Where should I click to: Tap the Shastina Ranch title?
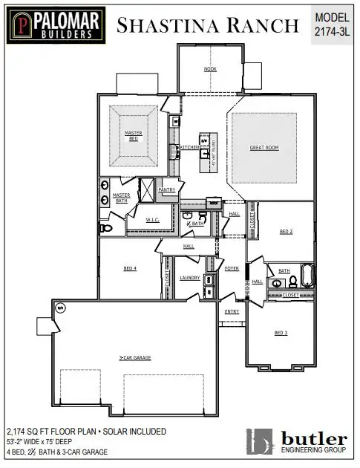pos(207,25)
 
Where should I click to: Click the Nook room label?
pos(210,69)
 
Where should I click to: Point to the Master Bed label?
pos(133,135)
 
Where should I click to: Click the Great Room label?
pos(264,149)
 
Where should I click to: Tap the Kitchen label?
pos(189,148)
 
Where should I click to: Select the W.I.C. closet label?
pos(153,220)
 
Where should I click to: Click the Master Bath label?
pos(121,198)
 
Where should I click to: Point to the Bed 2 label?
pos(286,232)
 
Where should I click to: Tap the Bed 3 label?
pos(281,332)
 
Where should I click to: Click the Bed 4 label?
pos(130,268)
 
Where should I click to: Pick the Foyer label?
pos(232,268)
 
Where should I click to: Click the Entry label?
pos(232,311)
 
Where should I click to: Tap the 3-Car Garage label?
pos(135,358)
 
